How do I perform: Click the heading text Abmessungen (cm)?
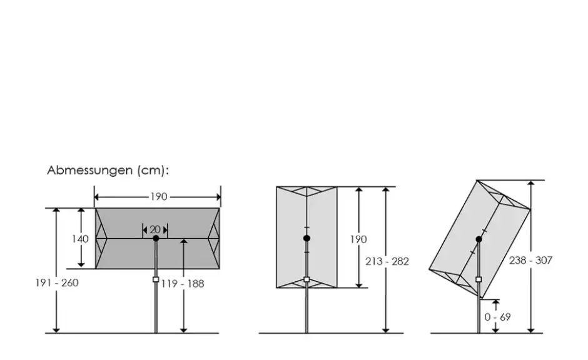pos(108,171)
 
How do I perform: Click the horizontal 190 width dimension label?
pos(159,197)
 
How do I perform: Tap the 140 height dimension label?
pos(80,239)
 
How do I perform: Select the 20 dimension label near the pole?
pos(155,229)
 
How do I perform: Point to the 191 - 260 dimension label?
pos(57,283)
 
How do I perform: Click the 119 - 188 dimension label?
pos(183,284)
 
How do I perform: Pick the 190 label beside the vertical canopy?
pos(358,239)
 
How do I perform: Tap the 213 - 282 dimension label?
pos(387,261)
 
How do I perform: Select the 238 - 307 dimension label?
pos(530,261)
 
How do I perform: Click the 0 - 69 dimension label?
pos(497,317)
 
